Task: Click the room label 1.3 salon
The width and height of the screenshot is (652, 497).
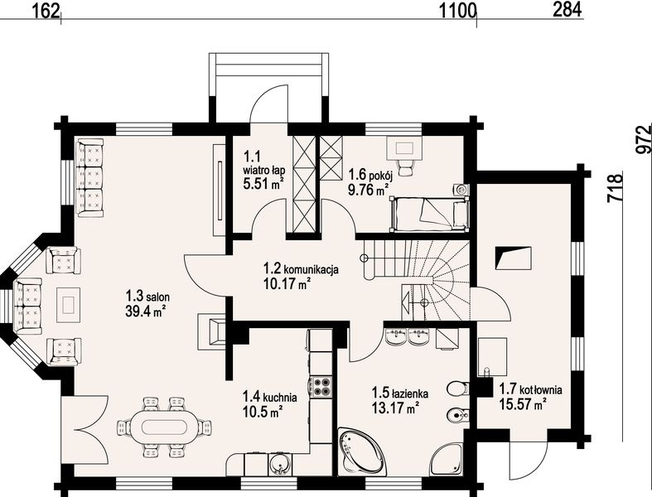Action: tap(147, 297)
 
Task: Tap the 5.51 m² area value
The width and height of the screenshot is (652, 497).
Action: tap(263, 183)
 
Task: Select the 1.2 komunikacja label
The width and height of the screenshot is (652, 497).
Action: tap(301, 268)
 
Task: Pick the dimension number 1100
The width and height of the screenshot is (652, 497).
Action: tap(458, 11)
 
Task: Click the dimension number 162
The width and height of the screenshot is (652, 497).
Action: tap(46, 11)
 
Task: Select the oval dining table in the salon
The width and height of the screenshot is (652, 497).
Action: tap(165, 427)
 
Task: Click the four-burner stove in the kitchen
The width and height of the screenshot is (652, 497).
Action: tap(321, 385)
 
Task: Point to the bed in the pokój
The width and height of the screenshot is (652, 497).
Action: tap(429, 214)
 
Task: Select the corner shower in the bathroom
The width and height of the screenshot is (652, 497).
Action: tap(447, 460)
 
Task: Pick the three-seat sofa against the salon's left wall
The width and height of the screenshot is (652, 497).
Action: tap(89, 177)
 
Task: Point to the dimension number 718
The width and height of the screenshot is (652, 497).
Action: tap(616, 187)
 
